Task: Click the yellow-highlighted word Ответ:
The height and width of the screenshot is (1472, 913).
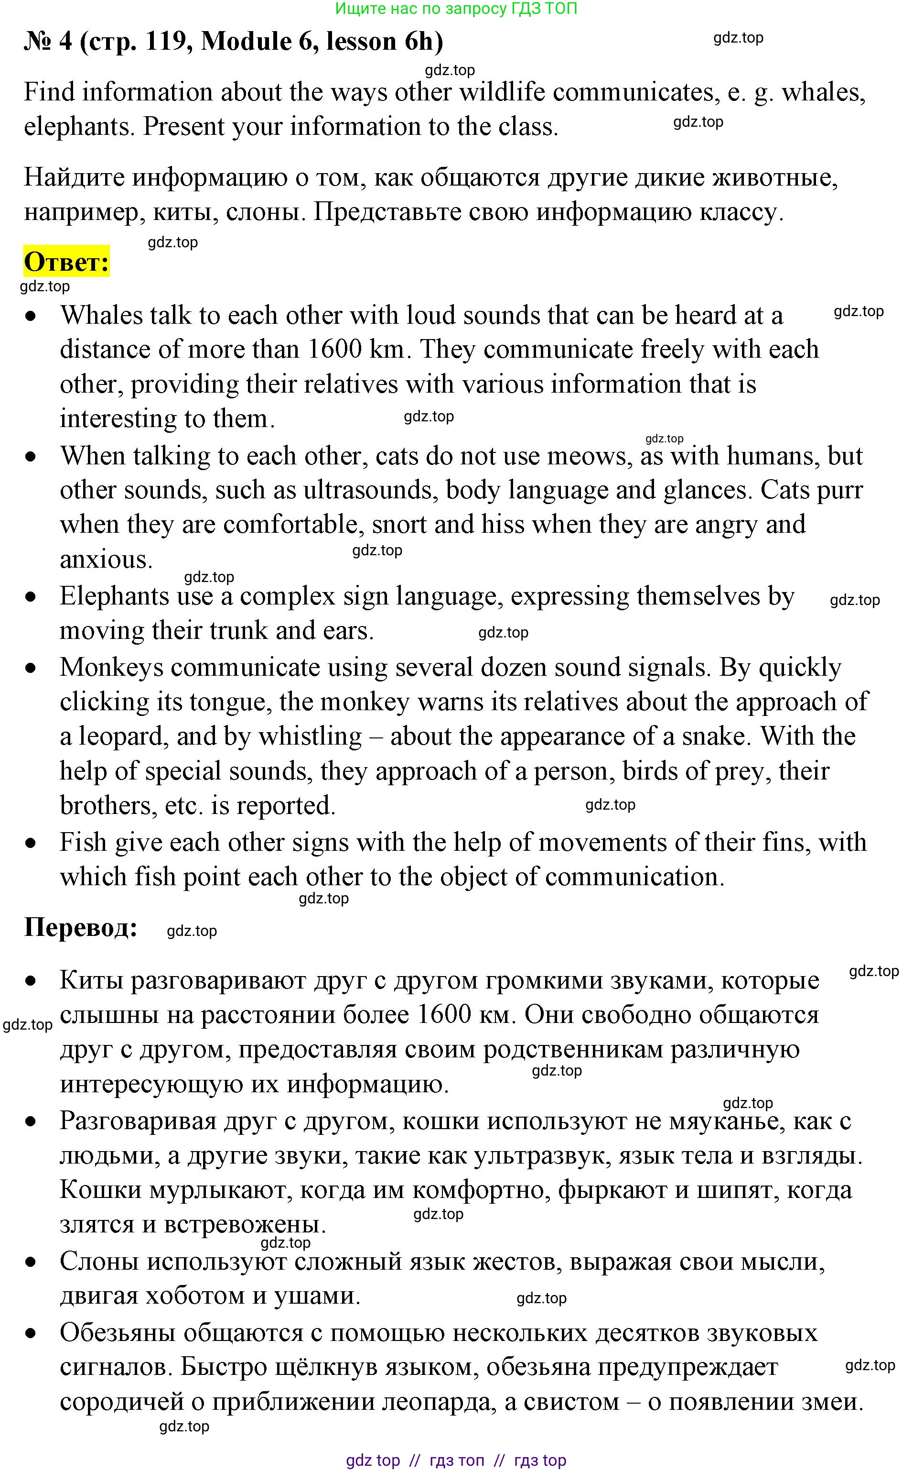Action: tap(66, 262)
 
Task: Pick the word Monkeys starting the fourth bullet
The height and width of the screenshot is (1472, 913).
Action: tap(112, 667)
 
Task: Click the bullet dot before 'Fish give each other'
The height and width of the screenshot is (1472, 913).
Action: tap(31, 843)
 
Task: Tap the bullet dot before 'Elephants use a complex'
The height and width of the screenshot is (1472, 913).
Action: tap(31, 597)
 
